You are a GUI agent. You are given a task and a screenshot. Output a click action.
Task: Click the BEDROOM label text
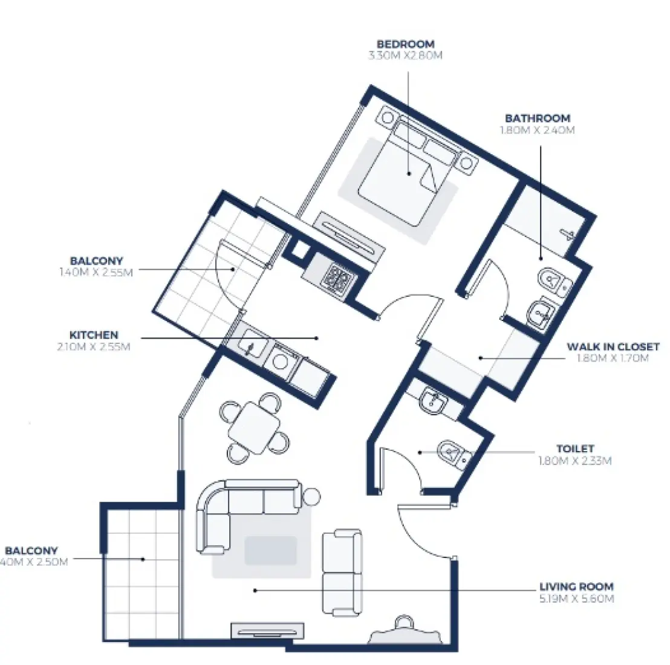click(x=405, y=44)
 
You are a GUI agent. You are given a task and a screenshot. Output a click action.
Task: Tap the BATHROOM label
click(x=537, y=118)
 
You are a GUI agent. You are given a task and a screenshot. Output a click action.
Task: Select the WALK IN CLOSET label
click(x=613, y=347)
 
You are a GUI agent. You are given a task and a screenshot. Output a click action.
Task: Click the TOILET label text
click(x=575, y=449)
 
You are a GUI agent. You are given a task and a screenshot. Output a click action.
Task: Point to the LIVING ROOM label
click(x=576, y=586)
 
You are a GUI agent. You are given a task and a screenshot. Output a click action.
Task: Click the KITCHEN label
click(x=94, y=335)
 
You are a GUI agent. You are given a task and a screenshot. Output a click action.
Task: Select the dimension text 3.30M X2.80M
click(x=405, y=56)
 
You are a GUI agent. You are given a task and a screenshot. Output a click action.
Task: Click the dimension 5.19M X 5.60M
click(x=576, y=598)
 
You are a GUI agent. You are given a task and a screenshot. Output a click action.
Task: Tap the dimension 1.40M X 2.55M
click(x=96, y=272)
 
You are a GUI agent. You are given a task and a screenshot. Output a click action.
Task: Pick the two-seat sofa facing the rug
click(x=342, y=571)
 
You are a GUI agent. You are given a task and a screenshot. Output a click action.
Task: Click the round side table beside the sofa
click(x=311, y=496)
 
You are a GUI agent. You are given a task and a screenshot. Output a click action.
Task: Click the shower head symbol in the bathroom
click(x=569, y=233)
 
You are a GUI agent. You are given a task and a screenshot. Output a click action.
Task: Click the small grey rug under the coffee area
click(x=270, y=551)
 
